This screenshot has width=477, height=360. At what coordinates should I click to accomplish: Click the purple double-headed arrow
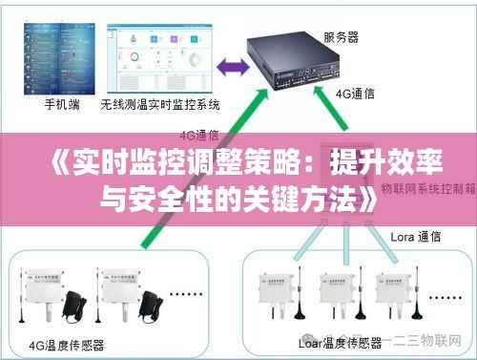coord(229,66)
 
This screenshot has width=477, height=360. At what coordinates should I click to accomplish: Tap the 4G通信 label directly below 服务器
coord(355,95)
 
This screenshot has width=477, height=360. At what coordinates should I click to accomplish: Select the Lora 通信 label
coord(416,235)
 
